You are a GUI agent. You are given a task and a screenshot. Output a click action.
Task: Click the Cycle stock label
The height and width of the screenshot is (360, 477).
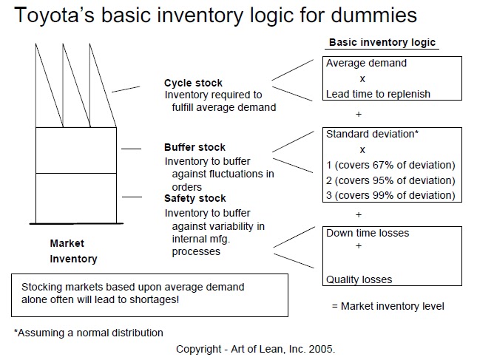coord(193,83)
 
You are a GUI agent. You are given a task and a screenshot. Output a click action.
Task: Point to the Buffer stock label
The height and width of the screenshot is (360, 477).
coord(195,147)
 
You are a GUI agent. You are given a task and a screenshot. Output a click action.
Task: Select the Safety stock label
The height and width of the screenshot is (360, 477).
coord(195,198)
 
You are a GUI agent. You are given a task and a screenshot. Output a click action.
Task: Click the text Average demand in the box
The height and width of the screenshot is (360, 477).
coord(366,64)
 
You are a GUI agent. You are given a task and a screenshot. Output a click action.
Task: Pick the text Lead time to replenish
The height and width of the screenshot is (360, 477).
coord(378,94)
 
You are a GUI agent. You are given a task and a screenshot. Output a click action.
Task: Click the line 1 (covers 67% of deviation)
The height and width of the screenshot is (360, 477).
coord(390,165)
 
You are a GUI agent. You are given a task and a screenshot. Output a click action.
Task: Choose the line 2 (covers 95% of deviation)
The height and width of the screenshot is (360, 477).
coord(390,180)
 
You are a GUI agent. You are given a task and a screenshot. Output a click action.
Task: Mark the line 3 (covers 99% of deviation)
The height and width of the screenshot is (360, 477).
coord(390,195)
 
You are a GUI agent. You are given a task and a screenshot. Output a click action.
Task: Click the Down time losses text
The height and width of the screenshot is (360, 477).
coord(368,233)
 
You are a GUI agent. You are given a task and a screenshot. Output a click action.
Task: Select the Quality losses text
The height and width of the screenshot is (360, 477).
coord(359,279)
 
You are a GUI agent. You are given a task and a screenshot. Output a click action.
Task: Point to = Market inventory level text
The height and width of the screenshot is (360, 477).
coord(388,305)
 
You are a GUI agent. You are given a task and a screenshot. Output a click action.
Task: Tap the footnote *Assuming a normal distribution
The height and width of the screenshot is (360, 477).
coord(89,333)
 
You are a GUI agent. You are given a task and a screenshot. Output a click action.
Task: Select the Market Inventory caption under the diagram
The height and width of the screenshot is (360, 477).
coord(72,251)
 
